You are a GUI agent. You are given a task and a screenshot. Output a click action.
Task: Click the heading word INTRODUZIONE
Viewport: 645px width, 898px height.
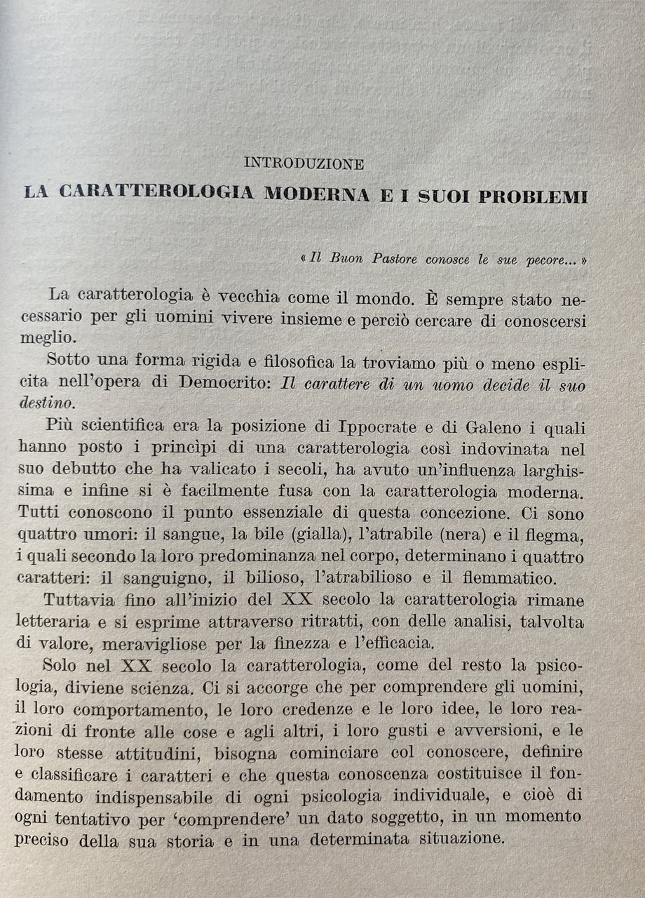coord(303,164)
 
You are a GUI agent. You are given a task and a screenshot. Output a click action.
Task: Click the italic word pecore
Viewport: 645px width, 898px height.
coord(543,259)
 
